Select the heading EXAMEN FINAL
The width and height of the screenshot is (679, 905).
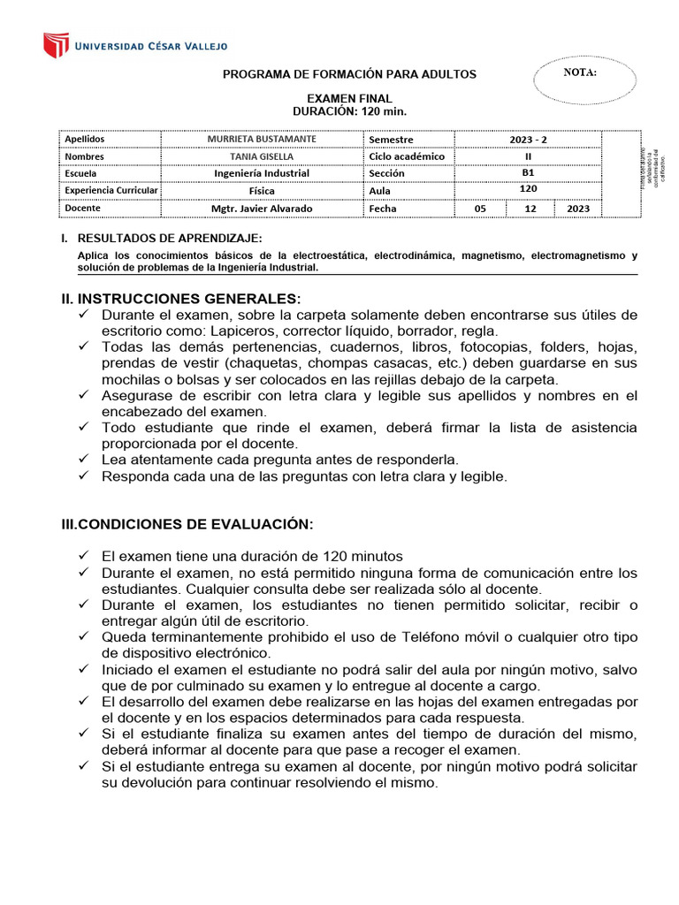[348, 98]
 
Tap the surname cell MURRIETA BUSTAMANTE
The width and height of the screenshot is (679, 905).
[261, 139]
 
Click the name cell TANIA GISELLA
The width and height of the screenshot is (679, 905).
[261, 156]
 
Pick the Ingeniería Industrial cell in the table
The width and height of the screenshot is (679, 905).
[261, 173]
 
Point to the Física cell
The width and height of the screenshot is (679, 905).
[261, 190]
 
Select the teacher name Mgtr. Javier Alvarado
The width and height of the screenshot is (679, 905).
[261, 209]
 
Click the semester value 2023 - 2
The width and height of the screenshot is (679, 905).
[528, 140]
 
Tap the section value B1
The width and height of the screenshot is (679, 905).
[528, 173]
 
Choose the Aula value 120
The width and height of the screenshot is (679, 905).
[528, 188]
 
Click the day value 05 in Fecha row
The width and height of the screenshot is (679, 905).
[480, 209]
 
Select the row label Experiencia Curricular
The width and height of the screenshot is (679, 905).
[111, 190]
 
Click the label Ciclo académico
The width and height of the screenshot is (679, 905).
[407, 156]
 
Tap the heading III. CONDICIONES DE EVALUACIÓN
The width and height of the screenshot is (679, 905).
[186, 524]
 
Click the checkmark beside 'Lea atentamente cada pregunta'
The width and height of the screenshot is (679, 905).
[84, 460]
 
